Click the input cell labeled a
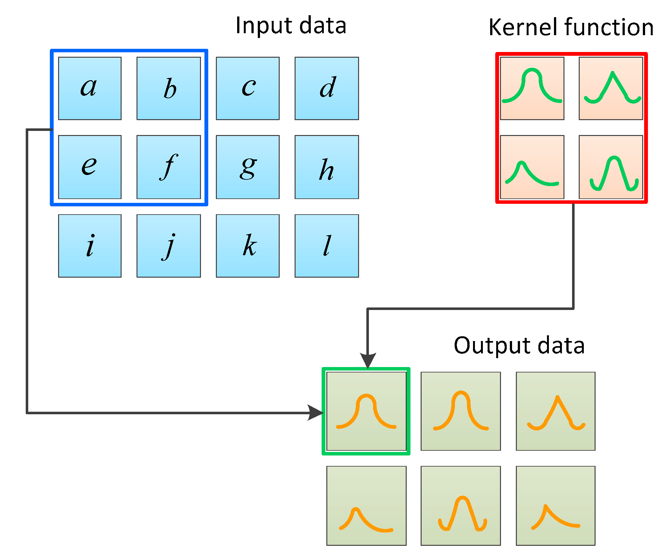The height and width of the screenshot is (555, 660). click(90, 88)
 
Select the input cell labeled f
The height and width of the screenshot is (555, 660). click(169, 167)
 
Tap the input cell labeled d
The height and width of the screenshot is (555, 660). click(327, 88)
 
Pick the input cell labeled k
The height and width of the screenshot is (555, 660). click(248, 246)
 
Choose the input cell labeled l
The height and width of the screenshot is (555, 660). click(327, 246)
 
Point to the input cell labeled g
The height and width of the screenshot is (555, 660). click(248, 167)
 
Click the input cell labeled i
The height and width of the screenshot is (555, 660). click(90, 246)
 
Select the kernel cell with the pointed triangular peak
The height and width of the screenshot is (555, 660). click(610, 88)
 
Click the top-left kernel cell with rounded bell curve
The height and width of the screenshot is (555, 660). click(532, 88)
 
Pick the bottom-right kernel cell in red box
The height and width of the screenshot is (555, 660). click(610, 167)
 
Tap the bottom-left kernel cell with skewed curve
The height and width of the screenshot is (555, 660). click(532, 167)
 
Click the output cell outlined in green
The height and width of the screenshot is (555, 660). click(366, 411)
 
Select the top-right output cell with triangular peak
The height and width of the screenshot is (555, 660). click(555, 411)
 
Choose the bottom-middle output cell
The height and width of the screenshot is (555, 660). click(461, 506)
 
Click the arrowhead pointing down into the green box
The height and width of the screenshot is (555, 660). click(368, 360)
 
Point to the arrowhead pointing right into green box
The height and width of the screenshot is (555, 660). click(316, 413)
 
